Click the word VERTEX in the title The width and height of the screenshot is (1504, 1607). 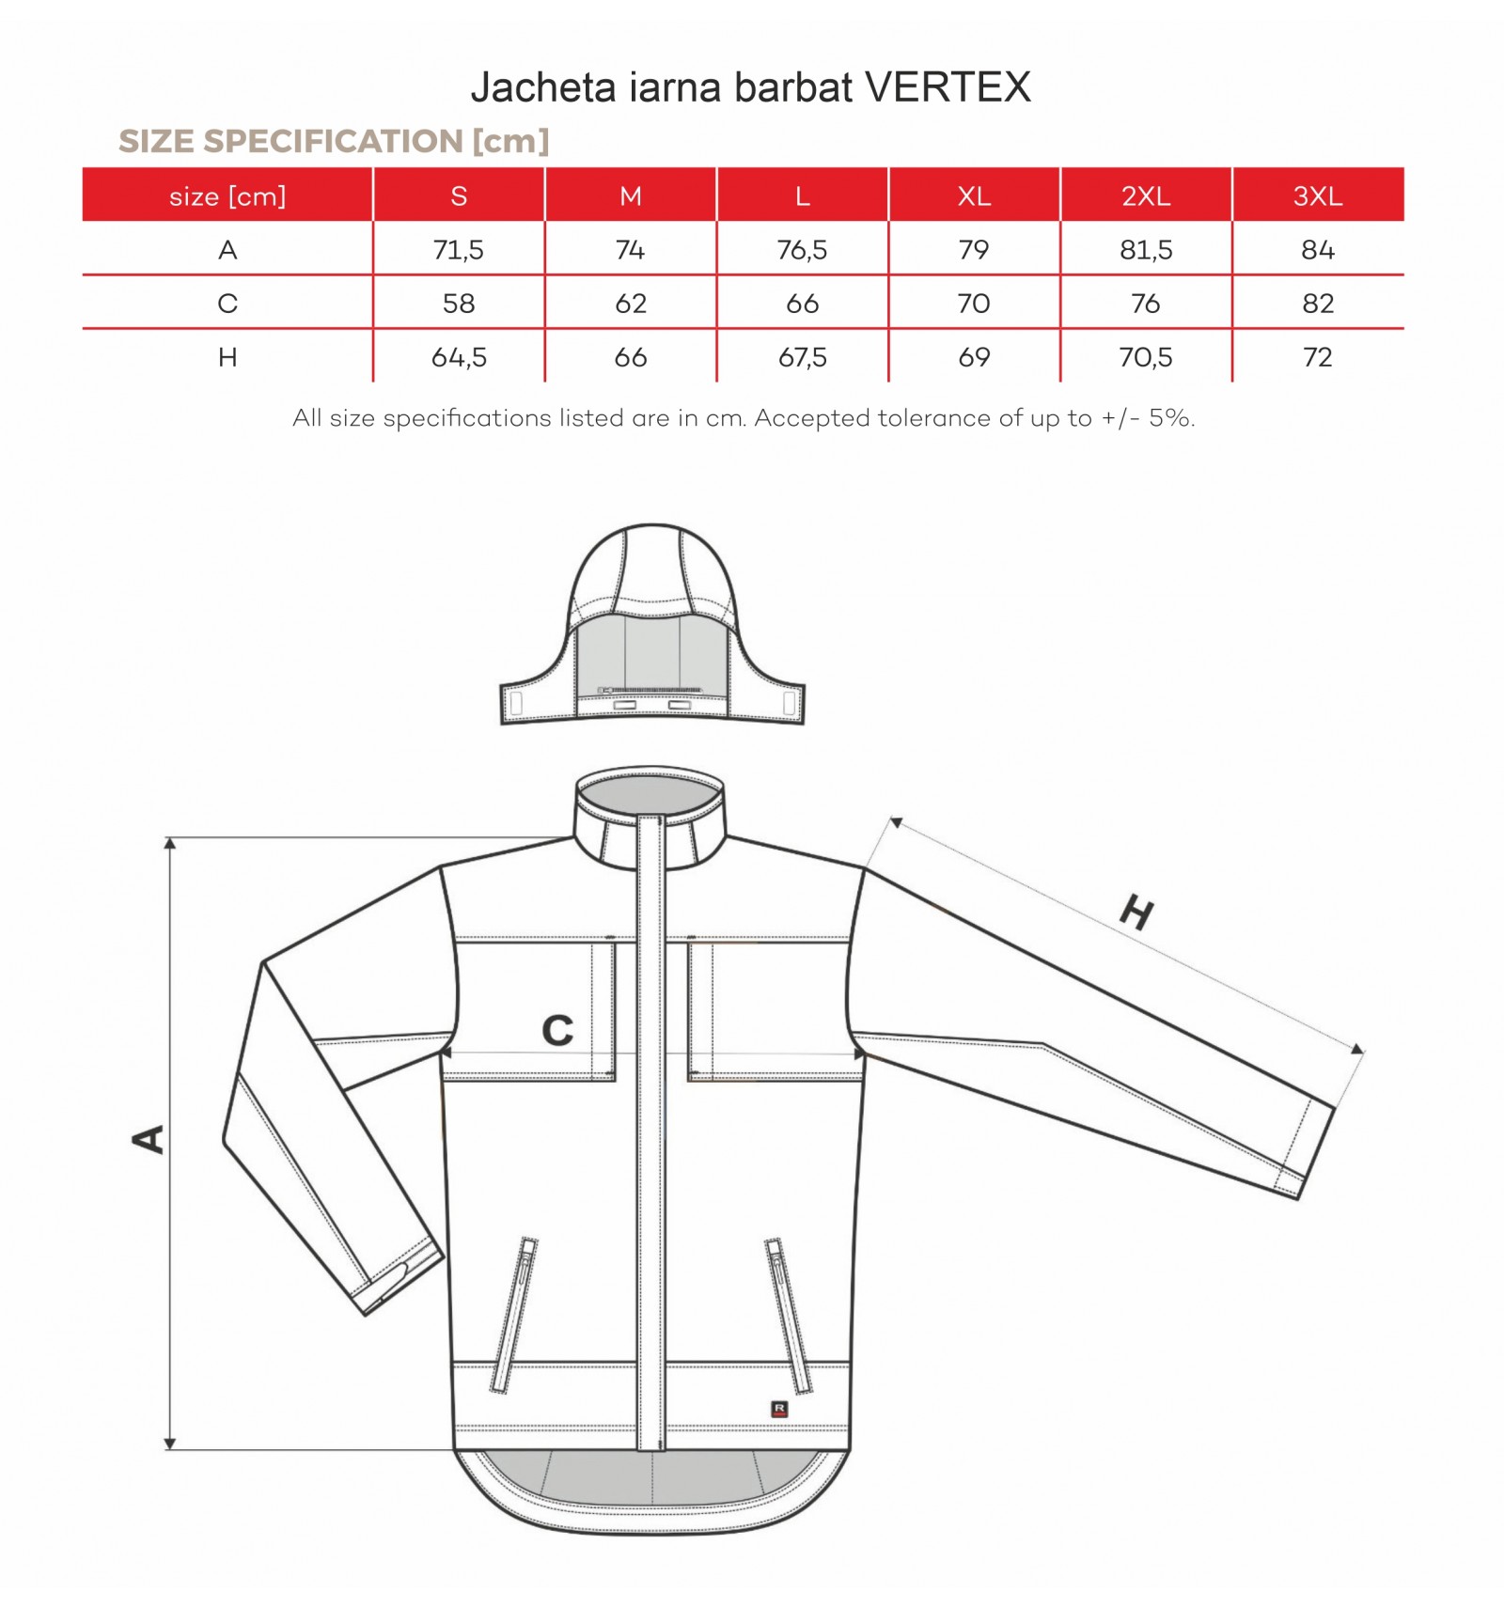(x=948, y=87)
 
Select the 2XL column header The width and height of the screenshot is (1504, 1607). (x=1146, y=195)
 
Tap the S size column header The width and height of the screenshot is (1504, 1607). (x=459, y=195)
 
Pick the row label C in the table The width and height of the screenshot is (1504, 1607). (x=227, y=304)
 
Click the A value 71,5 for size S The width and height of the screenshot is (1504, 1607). (x=459, y=250)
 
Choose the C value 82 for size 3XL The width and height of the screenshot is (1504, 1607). (x=1318, y=304)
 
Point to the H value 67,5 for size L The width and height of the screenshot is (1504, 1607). (x=803, y=357)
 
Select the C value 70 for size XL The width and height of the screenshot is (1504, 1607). (x=974, y=304)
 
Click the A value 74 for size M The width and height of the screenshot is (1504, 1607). (x=630, y=250)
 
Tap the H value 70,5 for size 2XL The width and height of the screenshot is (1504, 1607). (x=1146, y=357)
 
